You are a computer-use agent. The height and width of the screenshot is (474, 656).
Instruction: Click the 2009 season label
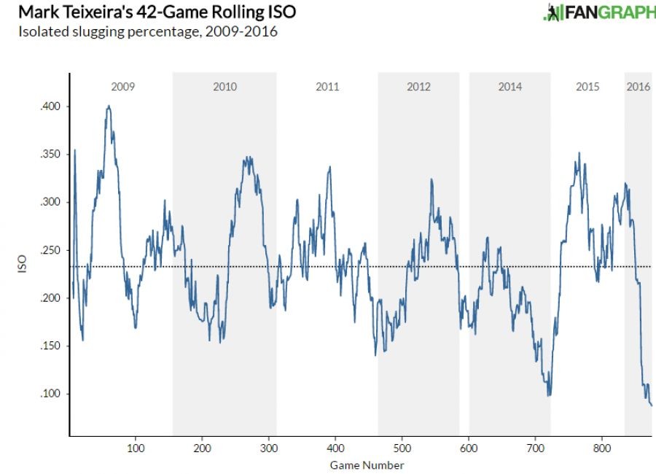point(122,87)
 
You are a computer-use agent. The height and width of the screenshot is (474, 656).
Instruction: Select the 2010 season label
point(224,87)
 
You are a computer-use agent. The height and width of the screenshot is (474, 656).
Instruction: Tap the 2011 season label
point(327,87)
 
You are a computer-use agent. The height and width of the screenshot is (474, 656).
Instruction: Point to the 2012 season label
point(418,87)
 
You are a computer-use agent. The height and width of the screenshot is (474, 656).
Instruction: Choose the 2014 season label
point(510,87)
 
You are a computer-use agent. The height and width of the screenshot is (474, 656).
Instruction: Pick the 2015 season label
point(587,87)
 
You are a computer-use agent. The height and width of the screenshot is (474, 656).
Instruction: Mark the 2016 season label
point(639,87)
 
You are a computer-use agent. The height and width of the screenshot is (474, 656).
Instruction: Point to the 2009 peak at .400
point(109,106)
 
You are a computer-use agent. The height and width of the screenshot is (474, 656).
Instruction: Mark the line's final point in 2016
point(652,405)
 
